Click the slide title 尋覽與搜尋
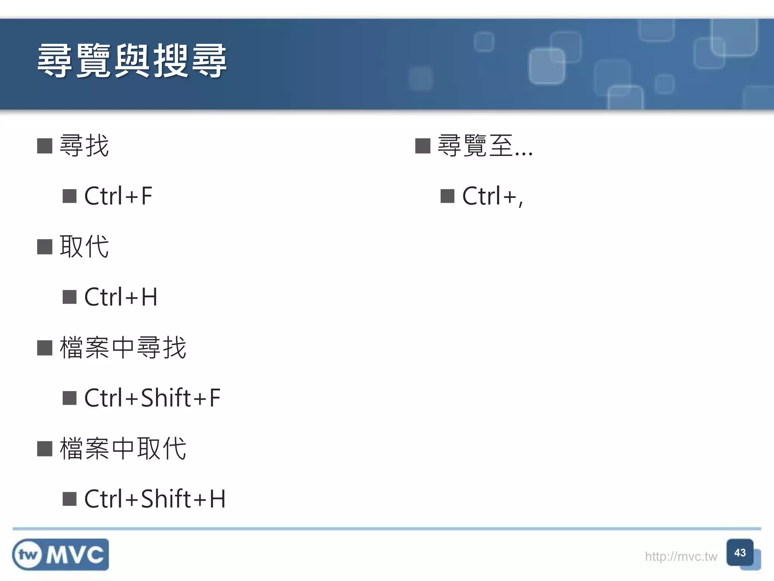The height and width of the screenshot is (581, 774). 132,61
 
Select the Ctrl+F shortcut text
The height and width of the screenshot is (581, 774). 118,196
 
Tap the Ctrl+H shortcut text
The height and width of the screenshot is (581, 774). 121,297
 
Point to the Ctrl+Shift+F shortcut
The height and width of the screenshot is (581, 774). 152,398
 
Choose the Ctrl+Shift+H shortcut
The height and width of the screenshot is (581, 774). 155,499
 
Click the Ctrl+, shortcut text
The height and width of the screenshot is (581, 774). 492,196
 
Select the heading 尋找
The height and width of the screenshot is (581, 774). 84,146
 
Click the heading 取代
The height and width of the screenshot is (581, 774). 84,247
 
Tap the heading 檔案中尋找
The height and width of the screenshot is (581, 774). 123,348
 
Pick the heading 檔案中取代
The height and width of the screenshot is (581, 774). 123,449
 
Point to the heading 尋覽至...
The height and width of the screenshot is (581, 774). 485,146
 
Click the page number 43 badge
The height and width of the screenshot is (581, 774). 740,553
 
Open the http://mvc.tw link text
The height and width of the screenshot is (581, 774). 681,556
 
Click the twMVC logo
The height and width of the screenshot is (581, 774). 60,555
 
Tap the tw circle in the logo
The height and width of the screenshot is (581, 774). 28,555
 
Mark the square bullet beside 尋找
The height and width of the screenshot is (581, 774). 45,146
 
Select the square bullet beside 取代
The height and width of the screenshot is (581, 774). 45,247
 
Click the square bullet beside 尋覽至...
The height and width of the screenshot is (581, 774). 423,146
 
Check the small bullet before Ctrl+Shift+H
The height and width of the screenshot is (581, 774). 70,499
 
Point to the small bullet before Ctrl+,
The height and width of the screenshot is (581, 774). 447,196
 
